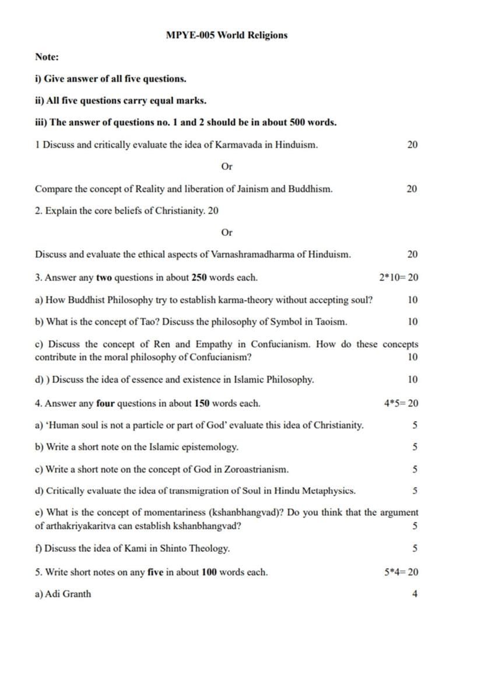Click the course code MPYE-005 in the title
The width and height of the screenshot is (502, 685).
tap(190, 35)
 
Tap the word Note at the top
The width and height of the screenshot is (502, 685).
tap(47, 57)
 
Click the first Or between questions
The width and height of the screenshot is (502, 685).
tap(227, 167)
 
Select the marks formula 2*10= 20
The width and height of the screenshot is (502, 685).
tap(398, 277)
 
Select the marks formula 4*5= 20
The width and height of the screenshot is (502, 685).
tap(401, 403)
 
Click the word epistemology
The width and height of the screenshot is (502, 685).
tap(206, 448)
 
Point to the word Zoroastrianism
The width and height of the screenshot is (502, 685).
tap(251, 469)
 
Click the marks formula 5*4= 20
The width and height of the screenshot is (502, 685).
tap(401, 572)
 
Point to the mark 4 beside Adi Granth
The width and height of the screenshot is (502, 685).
tap(415, 594)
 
